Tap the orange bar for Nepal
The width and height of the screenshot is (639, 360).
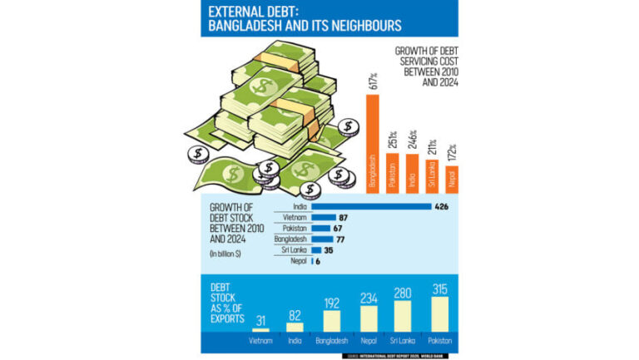click(x=453, y=180)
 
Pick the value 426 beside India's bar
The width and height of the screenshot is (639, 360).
click(x=443, y=206)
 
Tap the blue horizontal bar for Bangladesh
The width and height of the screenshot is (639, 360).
click(x=322, y=239)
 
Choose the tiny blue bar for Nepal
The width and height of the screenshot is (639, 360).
click(x=312, y=260)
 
